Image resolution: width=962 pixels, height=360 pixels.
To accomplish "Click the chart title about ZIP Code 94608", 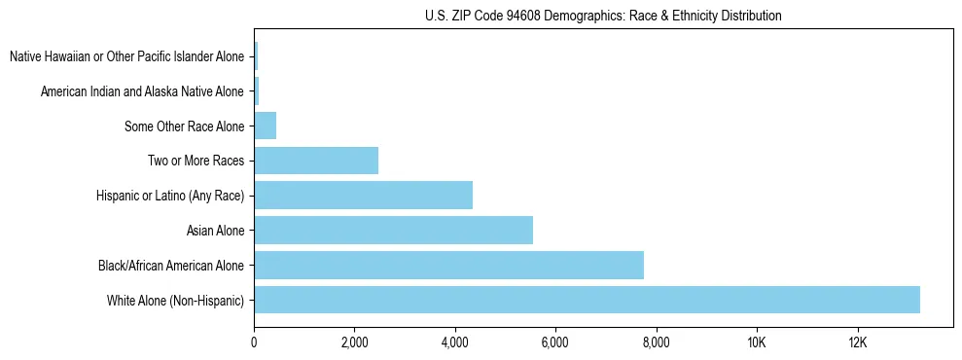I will [x=603, y=16].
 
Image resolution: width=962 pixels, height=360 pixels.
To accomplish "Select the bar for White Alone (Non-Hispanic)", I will [x=587, y=300].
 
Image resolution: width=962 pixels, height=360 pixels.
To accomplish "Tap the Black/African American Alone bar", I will [x=448, y=265].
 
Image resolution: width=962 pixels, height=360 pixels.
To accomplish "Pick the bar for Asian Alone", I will [x=393, y=230].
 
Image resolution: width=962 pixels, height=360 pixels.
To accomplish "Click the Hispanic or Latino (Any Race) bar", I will [x=363, y=195].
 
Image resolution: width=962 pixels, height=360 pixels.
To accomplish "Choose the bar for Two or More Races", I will [x=316, y=161].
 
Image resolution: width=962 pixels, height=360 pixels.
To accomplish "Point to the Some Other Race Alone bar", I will [x=265, y=126].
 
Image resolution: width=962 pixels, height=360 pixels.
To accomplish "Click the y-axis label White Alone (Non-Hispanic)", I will [x=176, y=301].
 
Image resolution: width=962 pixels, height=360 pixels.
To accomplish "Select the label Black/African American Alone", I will [x=171, y=266].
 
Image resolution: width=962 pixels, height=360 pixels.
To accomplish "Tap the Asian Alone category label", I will [x=215, y=231].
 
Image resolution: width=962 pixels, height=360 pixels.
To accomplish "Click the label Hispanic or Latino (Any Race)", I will [x=170, y=196].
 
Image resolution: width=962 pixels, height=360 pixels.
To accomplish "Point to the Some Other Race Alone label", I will [x=184, y=126].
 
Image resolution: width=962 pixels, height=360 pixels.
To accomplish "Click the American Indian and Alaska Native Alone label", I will [x=142, y=91].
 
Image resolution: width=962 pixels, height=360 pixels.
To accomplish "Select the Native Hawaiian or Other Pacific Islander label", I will [x=126, y=56].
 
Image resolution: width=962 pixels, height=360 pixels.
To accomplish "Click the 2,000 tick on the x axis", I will [x=354, y=342].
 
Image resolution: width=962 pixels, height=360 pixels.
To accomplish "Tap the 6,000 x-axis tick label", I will [x=555, y=342].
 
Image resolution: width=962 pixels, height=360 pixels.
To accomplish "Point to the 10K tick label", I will [x=757, y=342].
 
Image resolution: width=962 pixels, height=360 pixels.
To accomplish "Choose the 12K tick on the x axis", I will [x=857, y=342].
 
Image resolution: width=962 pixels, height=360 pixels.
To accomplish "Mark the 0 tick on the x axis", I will [x=254, y=342].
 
